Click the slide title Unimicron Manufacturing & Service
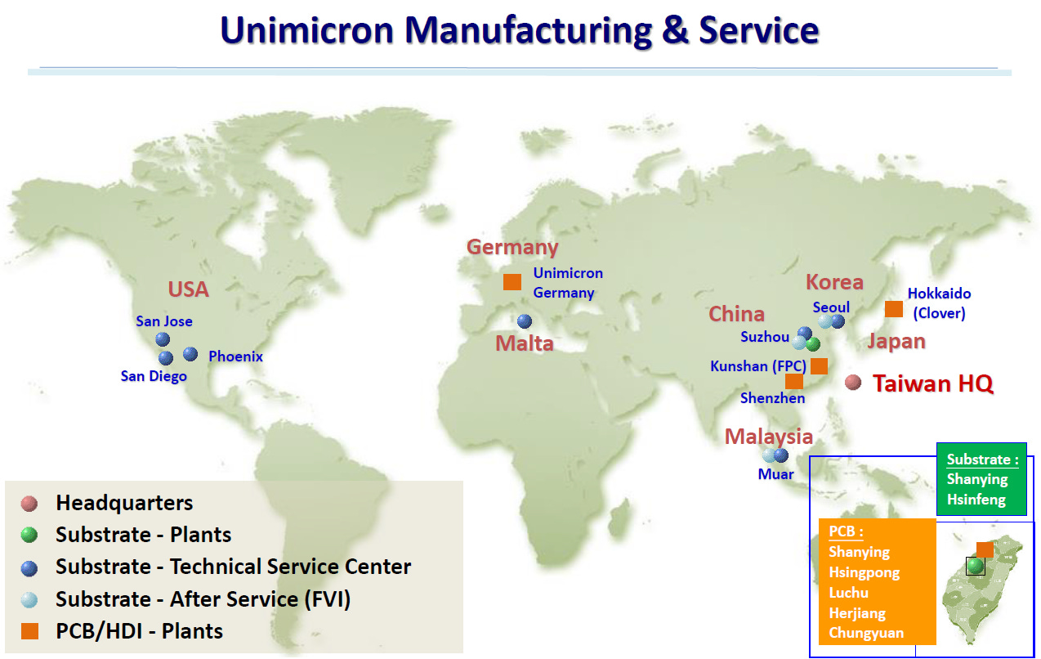point(520,30)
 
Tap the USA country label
point(189,289)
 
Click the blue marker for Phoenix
point(190,353)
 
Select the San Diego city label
point(154,376)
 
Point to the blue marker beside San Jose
point(163,338)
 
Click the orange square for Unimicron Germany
point(512,282)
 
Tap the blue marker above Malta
point(524,321)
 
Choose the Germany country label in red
point(512,247)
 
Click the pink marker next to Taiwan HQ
point(853,382)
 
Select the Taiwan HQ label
point(933,383)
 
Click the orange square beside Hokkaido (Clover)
point(894,309)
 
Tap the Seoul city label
point(831,307)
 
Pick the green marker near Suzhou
point(812,344)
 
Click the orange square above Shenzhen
point(793,381)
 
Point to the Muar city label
point(775,473)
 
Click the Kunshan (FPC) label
point(758,366)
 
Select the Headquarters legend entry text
point(124,503)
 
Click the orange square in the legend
point(30,631)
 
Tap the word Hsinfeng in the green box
point(976,499)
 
